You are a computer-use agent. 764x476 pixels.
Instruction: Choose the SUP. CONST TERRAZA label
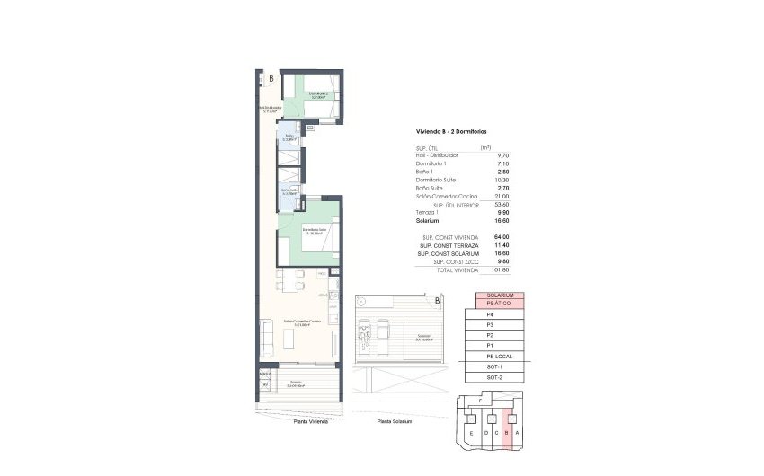448,245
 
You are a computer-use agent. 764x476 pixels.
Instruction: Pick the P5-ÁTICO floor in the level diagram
499,304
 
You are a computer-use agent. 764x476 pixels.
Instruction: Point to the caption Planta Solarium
395,421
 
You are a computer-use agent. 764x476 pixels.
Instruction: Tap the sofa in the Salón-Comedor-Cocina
267,339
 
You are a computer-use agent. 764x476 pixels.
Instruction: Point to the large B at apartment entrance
271,78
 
